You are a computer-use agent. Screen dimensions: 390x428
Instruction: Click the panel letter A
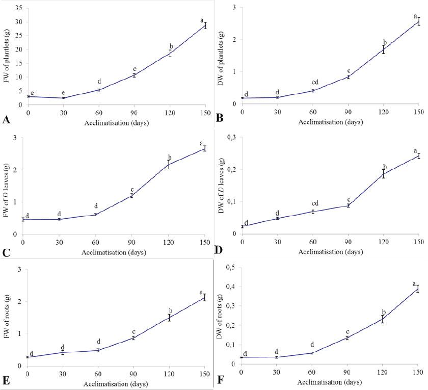[x=7, y=120]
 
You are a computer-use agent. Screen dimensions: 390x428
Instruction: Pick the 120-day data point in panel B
[x=383, y=49]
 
